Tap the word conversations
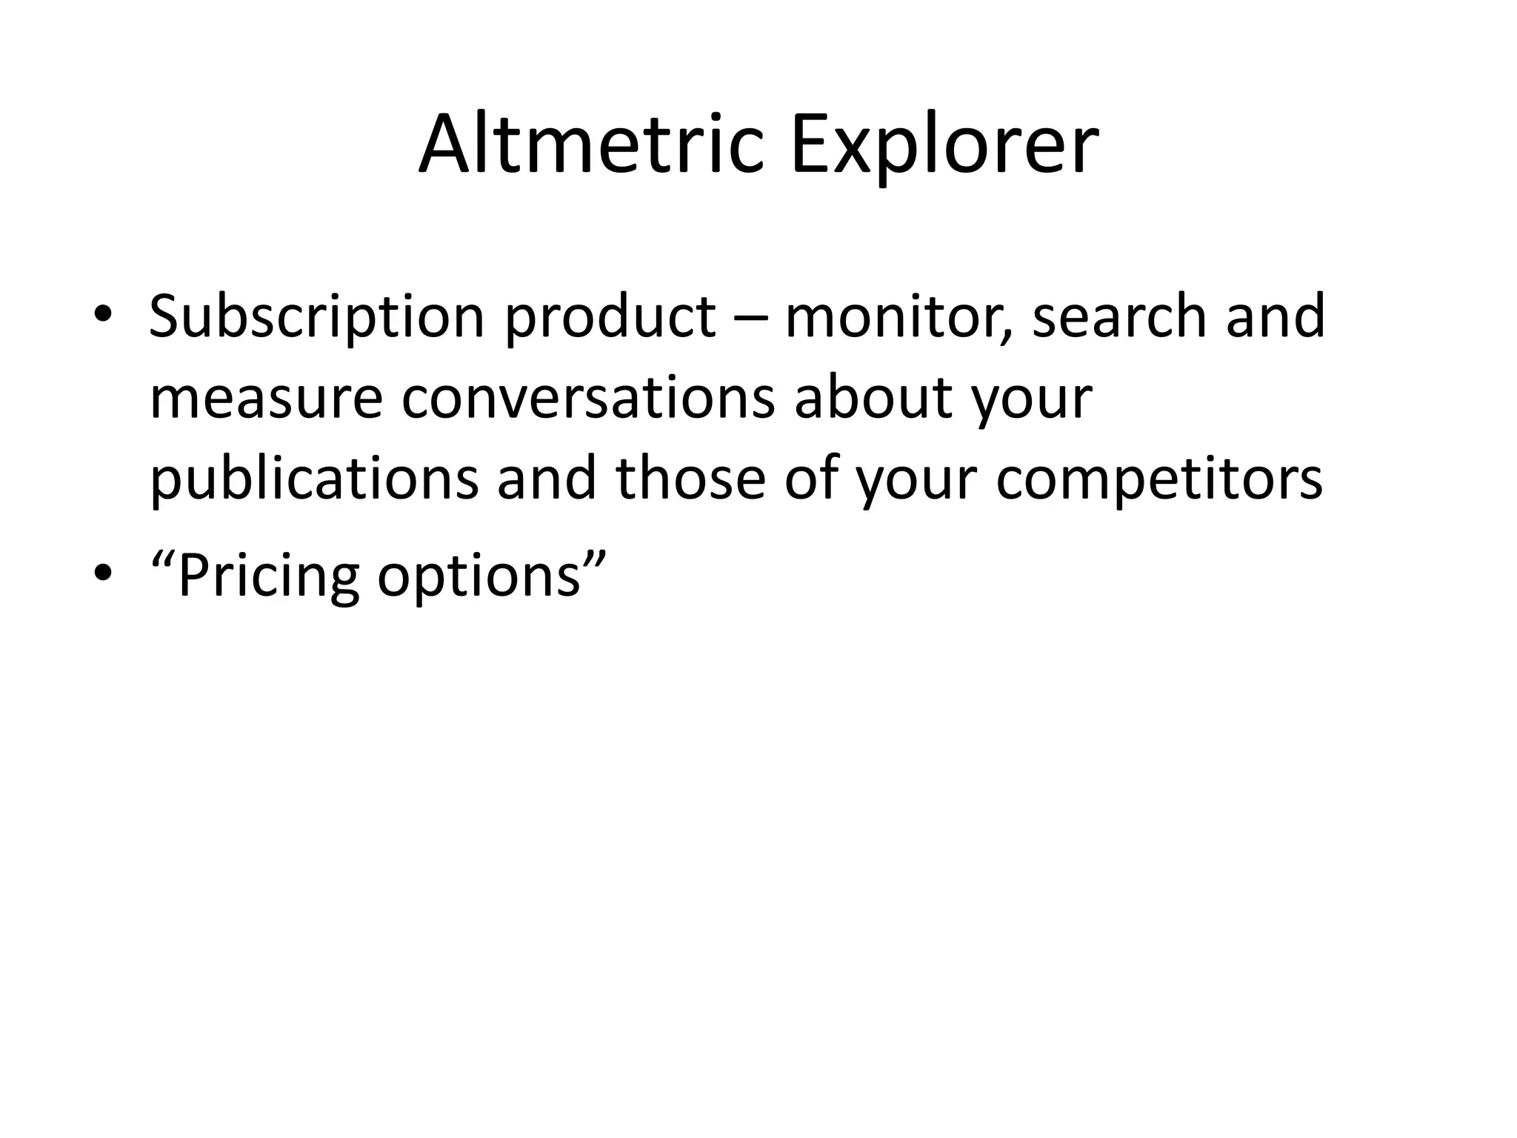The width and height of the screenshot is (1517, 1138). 588,399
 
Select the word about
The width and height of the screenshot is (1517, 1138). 873,399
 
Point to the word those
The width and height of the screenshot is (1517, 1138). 690,478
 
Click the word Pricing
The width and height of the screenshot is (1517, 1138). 267,577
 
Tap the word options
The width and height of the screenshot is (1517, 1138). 479,577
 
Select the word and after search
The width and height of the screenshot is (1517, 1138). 1276,317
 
